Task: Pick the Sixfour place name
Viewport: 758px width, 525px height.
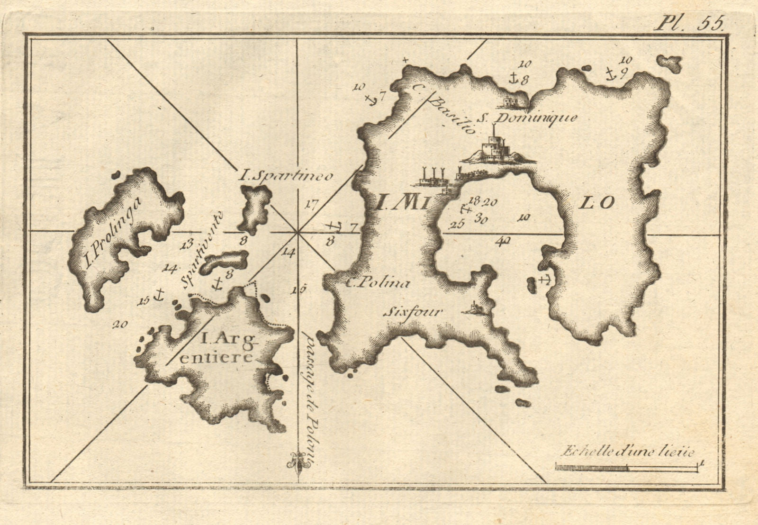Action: coord(412,312)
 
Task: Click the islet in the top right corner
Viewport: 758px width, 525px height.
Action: coord(669,63)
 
